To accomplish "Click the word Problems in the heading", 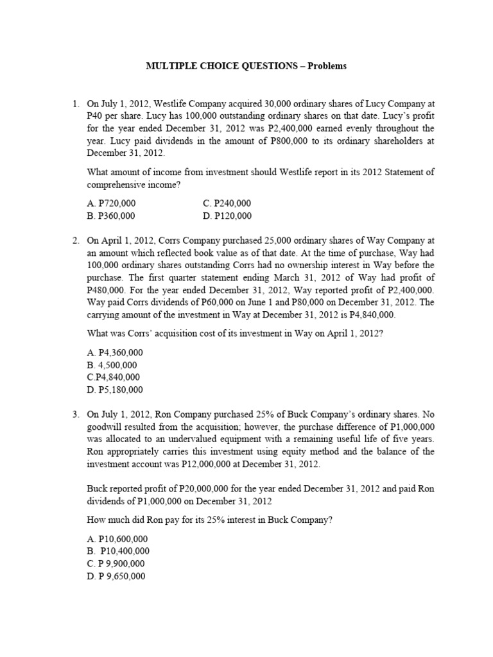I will point(325,66).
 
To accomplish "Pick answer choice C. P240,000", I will point(227,203).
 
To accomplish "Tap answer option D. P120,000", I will point(227,216).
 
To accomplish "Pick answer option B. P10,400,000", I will point(118,551).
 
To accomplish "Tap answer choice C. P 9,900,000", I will point(116,563).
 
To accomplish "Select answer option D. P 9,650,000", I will point(116,576).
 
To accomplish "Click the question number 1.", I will point(75,103).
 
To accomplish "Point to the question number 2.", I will point(75,241).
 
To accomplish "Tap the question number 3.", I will point(75,414).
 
